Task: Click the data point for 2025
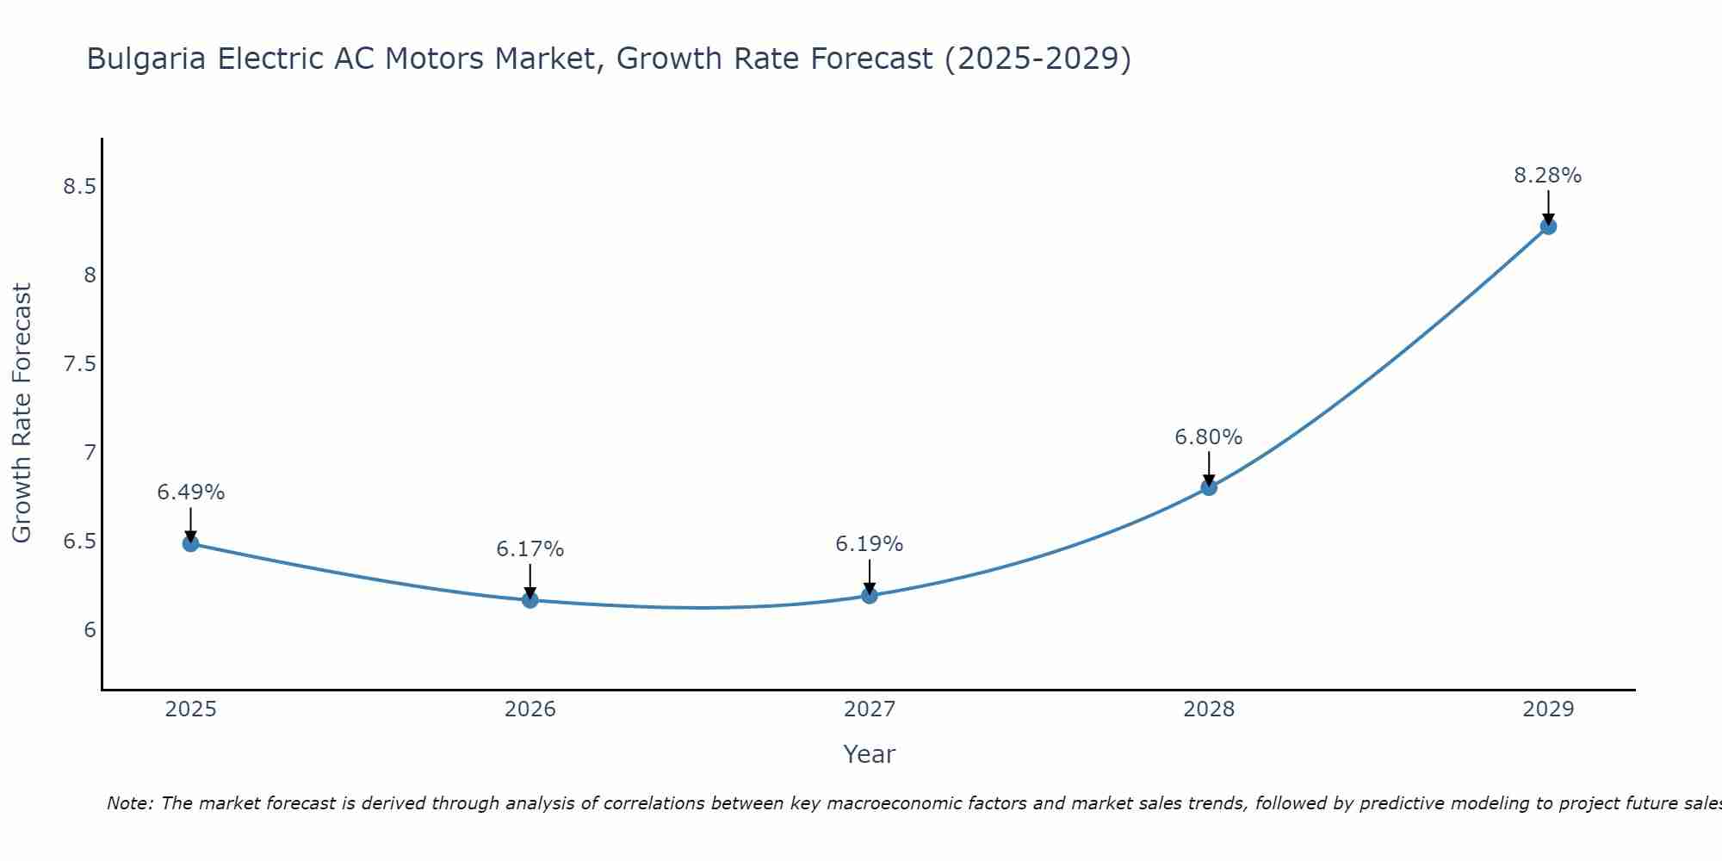[191, 543]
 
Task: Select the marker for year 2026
[530, 600]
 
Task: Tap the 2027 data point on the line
[870, 595]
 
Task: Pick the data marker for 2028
[1209, 487]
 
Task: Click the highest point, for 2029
[1548, 226]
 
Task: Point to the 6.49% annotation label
[191, 492]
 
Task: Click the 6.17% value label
[530, 549]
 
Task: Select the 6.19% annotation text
[870, 544]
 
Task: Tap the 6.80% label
[1209, 437]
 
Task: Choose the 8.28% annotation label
[1548, 176]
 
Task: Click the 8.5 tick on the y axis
[79, 187]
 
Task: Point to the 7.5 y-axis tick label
[79, 364]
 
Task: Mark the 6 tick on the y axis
[90, 630]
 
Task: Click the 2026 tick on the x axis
[530, 709]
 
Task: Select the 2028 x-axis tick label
[1209, 709]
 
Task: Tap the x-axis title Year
[870, 754]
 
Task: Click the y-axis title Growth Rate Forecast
[22, 413]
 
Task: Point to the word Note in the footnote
[129, 803]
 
